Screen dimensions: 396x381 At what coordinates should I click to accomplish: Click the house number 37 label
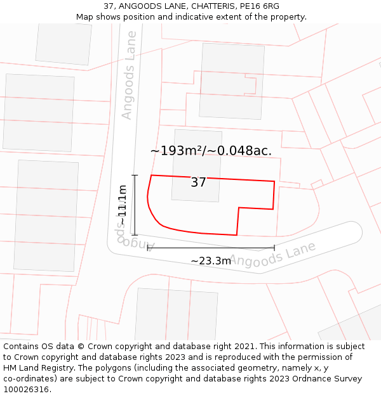198,182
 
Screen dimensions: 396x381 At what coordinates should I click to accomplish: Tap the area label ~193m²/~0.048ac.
211,151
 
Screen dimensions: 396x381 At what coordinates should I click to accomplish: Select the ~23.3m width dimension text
211,260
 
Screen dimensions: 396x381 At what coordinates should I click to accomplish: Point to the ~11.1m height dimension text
122,204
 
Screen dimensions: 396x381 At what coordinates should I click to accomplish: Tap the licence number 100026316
25,390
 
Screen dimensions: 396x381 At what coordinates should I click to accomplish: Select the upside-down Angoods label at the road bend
137,241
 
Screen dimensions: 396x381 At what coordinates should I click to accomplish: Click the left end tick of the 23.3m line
148,248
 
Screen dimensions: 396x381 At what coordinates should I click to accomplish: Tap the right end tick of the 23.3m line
274,248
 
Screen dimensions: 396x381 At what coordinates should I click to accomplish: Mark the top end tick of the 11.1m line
135,175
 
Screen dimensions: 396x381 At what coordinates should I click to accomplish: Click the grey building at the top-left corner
63,43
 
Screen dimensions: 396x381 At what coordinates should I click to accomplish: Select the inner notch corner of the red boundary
238,207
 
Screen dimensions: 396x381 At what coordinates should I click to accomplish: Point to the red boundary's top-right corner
274,182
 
